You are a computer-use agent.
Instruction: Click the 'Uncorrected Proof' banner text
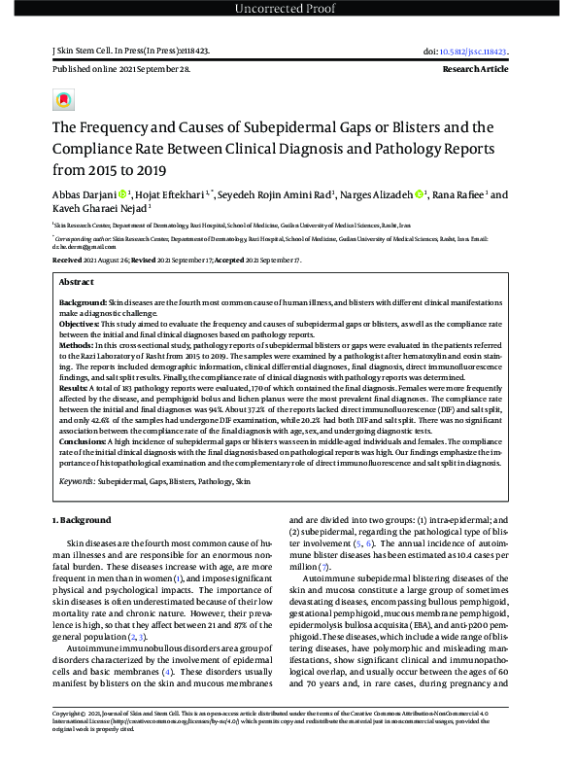(x=288, y=10)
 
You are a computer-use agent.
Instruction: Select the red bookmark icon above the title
(x=63, y=100)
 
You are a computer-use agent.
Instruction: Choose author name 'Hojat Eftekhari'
(x=176, y=194)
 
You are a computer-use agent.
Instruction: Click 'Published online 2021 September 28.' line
(x=109, y=71)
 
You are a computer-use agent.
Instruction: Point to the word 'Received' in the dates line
(x=67, y=262)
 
